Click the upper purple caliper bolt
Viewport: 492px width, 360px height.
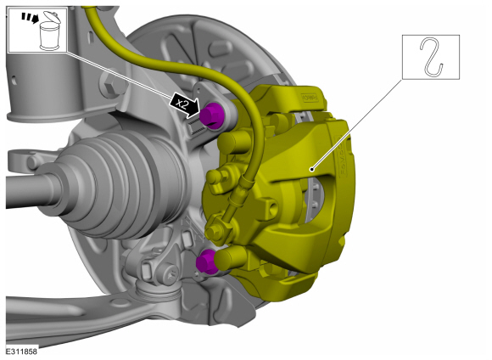tap(212, 115)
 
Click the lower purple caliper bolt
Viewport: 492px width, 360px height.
tap(205, 262)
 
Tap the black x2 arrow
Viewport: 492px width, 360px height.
tap(185, 105)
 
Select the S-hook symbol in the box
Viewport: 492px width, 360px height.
tap(432, 57)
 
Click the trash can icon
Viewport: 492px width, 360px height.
tap(50, 31)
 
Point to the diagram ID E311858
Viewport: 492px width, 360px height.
tap(22, 352)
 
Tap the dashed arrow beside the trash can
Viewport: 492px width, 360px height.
tap(30, 17)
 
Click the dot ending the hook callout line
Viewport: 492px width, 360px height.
tap(311, 169)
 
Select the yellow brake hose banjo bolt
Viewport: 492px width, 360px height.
tap(216, 231)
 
